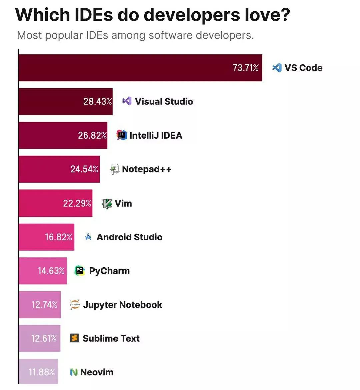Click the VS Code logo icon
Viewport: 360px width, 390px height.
click(x=277, y=68)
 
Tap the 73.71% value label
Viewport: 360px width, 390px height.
click(x=246, y=68)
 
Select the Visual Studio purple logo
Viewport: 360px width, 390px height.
click(x=127, y=101)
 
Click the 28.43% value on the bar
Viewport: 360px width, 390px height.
click(x=97, y=101)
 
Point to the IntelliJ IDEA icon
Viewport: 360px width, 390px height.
click(x=122, y=135)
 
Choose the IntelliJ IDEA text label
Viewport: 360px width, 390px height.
click(x=156, y=135)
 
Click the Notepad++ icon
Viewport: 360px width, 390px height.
click(x=115, y=169)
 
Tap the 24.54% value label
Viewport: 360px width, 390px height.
click(x=84, y=169)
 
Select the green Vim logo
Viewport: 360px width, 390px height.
click(x=107, y=203)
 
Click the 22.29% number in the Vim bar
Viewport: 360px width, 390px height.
click(x=77, y=203)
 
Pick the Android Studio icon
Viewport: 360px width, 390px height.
click(x=88, y=237)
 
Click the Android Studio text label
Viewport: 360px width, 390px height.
click(x=129, y=237)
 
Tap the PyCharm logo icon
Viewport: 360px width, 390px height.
click(x=79, y=271)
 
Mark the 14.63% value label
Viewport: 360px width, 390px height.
click(x=51, y=271)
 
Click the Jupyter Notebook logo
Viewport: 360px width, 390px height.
click(x=75, y=305)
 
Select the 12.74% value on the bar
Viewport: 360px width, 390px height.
click(x=44, y=305)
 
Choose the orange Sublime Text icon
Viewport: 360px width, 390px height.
click(x=74, y=338)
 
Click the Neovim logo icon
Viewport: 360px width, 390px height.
click(x=74, y=372)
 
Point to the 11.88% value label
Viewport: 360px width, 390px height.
click(x=42, y=372)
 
